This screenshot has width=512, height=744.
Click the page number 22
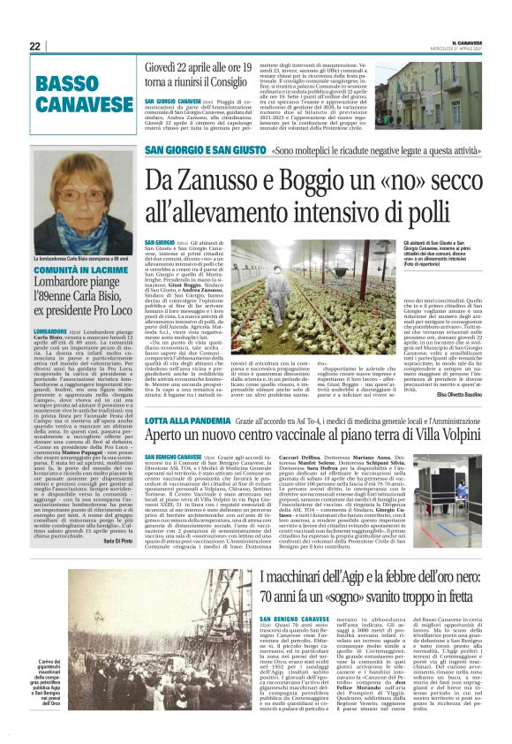(x=34, y=46)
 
